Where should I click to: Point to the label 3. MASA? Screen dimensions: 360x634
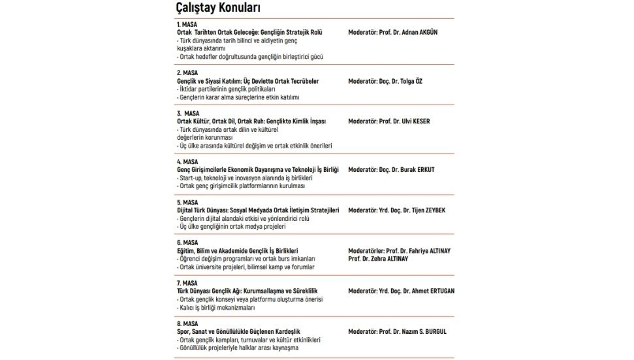pyautogui.click(x=189, y=113)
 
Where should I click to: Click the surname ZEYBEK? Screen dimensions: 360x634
pyautogui.click(x=441, y=210)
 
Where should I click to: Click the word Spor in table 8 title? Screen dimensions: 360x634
pyautogui.click(x=183, y=331)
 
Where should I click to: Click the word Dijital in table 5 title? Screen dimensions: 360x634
pyautogui.click(x=187, y=210)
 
